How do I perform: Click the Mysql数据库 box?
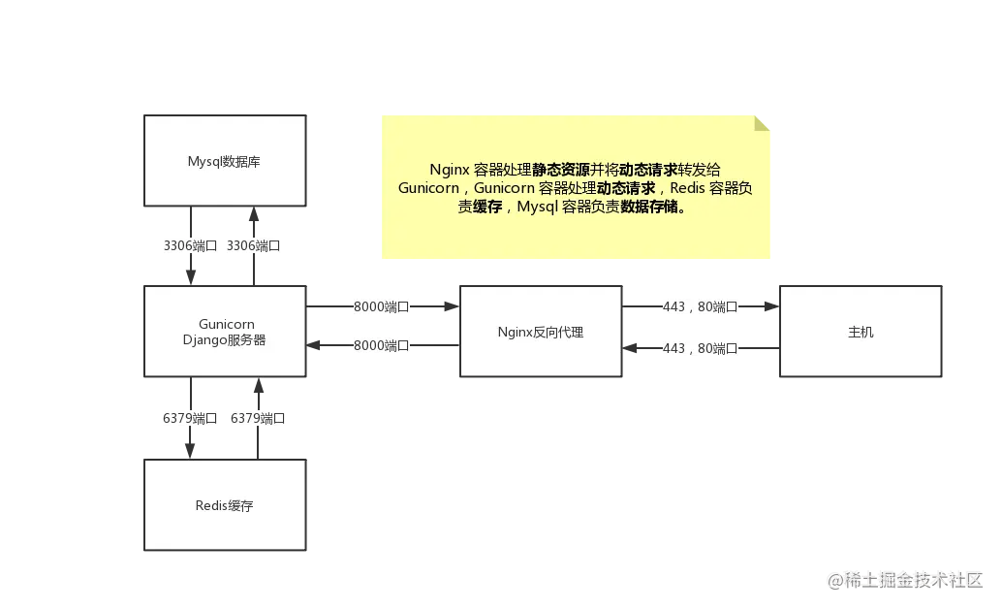(225, 161)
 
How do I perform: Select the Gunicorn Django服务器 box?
(225, 332)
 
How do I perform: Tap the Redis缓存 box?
(225, 504)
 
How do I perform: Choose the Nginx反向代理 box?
(541, 332)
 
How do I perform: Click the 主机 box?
(861, 332)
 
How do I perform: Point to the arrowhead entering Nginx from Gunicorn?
(452, 306)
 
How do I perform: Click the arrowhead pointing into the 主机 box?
(772, 306)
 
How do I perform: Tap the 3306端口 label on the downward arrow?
(191, 245)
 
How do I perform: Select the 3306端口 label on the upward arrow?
(254, 245)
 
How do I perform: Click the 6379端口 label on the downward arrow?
(190, 418)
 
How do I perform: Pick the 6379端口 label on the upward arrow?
(258, 418)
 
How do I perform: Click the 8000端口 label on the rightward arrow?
(382, 307)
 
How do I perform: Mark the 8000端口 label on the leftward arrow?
(382, 346)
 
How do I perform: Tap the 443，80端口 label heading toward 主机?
(700, 307)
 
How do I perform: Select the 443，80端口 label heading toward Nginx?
(700, 349)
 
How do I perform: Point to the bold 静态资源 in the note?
(560, 170)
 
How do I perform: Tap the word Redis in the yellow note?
(688, 188)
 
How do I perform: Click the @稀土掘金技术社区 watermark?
(905, 580)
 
